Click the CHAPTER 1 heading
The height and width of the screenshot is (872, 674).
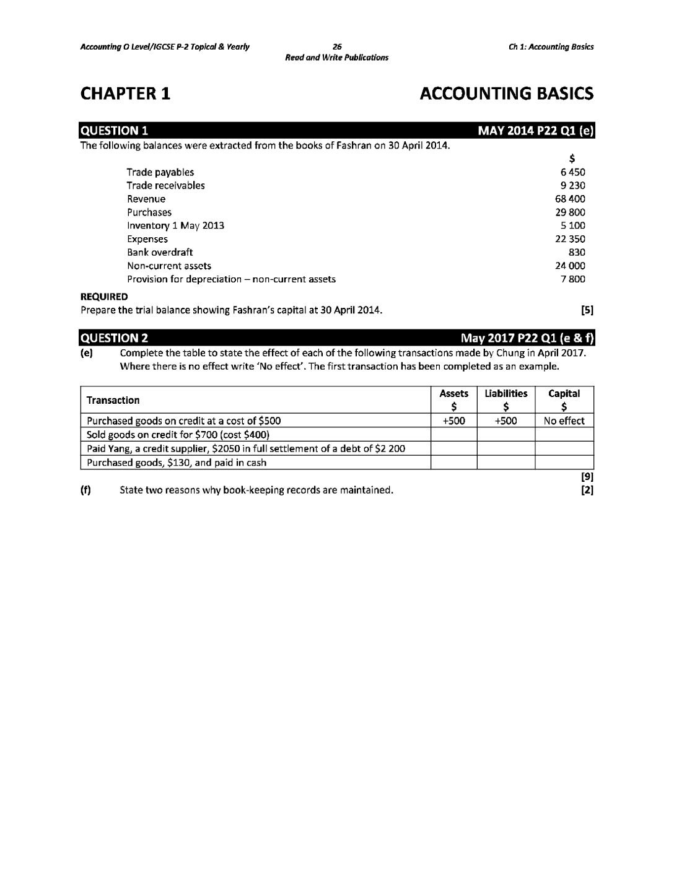[126, 94]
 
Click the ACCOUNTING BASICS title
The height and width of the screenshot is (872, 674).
[506, 94]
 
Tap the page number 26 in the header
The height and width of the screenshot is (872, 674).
[337, 46]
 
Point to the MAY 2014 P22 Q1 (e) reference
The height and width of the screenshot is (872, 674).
[536, 131]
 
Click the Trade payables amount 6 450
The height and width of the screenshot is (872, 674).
[573, 172]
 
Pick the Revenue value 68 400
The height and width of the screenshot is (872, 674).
[571, 199]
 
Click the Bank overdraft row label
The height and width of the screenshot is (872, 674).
[160, 252]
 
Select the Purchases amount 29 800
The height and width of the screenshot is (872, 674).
[571, 212]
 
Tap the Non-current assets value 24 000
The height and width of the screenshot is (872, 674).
[571, 266]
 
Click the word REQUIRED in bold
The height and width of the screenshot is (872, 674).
[104, 297]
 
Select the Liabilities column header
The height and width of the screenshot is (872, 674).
[506, 394]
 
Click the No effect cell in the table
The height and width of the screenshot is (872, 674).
[564, 421]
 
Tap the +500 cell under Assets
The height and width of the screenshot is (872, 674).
[454, 421]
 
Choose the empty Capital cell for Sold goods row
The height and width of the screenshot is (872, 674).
[564, 435]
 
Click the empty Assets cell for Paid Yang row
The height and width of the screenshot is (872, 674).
[454, 448]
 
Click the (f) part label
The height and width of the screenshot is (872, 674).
[85, 490]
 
